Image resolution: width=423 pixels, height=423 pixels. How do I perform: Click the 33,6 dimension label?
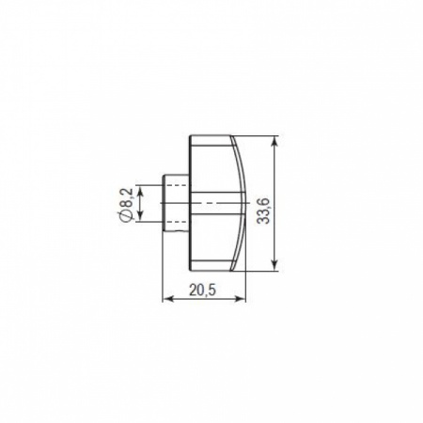262,211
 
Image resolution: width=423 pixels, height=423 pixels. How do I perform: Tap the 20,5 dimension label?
203,290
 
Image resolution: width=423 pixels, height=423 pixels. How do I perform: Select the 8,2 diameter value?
128,198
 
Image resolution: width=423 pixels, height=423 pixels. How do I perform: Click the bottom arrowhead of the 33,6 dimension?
274,265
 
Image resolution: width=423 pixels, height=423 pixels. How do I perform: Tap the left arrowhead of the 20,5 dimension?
167,299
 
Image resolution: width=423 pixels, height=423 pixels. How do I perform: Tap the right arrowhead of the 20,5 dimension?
241,299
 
